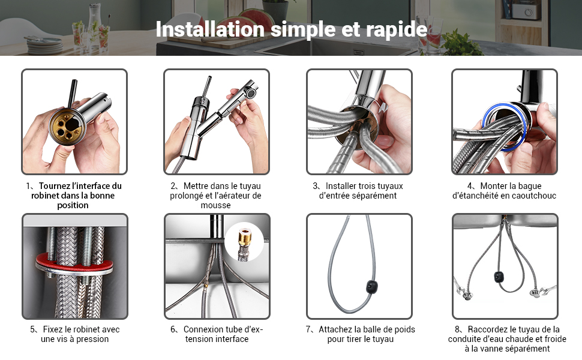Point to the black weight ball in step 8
coord(499,277)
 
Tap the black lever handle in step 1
coord(71,93)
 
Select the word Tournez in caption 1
coord(55,186)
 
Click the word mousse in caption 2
coord(215,205)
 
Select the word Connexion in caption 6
coord(203,329)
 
